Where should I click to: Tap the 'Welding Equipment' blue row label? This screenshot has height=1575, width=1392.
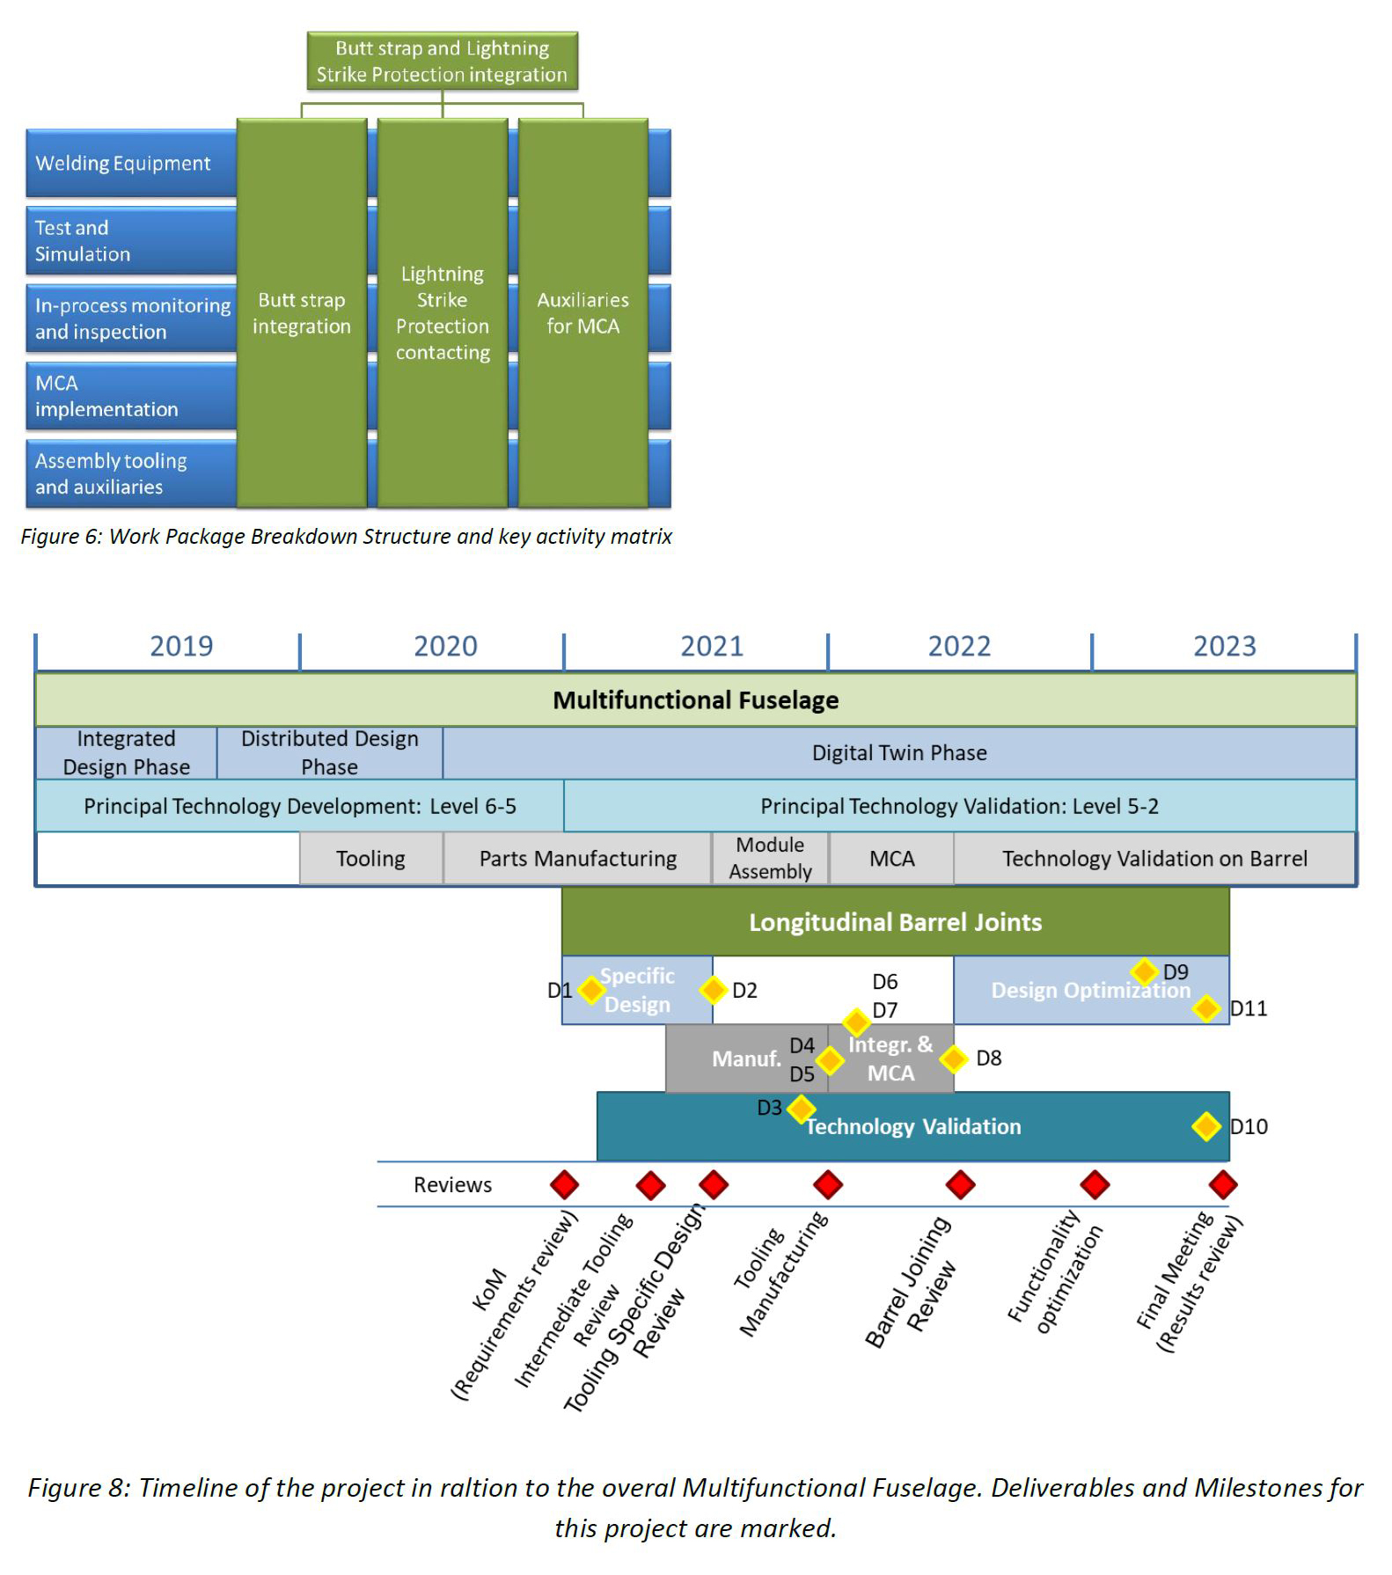pos(123,164)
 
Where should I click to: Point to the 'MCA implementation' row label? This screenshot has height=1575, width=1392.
pos(106,396)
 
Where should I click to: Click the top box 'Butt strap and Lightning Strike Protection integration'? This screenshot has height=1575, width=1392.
pos(442,62)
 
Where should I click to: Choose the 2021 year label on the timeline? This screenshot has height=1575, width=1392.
pos(711,647)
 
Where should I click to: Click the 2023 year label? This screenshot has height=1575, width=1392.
pos(1224,647)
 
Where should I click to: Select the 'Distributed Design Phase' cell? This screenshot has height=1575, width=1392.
pos(330,752)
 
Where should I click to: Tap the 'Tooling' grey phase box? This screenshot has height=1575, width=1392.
pos(370,859)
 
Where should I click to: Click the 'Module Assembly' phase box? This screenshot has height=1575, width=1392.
pos(770,858)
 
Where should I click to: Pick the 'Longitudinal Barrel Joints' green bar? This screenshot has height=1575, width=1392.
pos(895,922)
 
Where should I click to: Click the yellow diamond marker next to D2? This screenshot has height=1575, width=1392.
pos(713,990)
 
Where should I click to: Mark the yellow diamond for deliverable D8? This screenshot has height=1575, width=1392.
pos(954,1059)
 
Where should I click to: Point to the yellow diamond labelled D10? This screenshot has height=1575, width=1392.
pos(1206,1126)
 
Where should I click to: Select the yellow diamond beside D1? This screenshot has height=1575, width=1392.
pos(591,990)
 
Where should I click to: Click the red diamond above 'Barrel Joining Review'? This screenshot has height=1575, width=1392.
pos(960,1185)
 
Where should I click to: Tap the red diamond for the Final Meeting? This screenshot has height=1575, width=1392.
pos(1223,1185)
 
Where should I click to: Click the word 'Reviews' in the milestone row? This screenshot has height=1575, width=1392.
pos(452,1185)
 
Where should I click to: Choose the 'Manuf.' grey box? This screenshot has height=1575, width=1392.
pos(745,1059)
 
